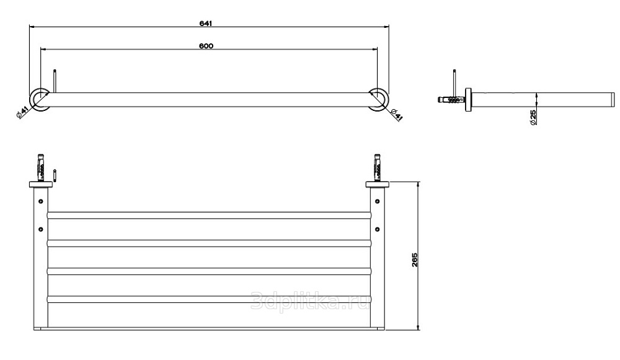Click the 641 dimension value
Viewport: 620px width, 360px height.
click(206, 24)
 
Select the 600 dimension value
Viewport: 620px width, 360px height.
click(206, 46)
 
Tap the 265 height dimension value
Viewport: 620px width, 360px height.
click(414, 260)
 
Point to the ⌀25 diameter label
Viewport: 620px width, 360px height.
click(533, 118)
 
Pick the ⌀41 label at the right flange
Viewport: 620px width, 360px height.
click(396, 115)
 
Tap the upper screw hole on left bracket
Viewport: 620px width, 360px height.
click(41, 201)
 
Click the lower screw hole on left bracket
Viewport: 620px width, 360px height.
click(41, 229)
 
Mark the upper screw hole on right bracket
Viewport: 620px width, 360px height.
click(377, 201)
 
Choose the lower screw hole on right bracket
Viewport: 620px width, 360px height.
click(377, 229)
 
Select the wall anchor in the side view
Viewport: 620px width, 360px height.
click(451, 100)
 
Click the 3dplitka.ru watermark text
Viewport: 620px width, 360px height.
click(311, 302)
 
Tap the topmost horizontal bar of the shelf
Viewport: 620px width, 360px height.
click(210, 216)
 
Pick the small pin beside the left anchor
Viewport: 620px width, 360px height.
click(56, 175)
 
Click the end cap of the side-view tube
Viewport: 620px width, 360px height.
click(614, 100)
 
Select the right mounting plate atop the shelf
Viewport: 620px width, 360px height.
click(377, 184)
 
